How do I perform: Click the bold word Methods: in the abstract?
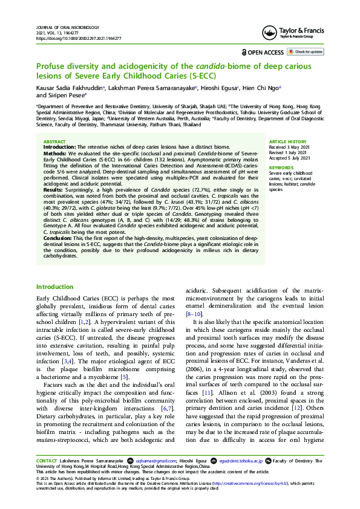[x=55, y=154]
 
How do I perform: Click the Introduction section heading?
[x=55, y=287]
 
